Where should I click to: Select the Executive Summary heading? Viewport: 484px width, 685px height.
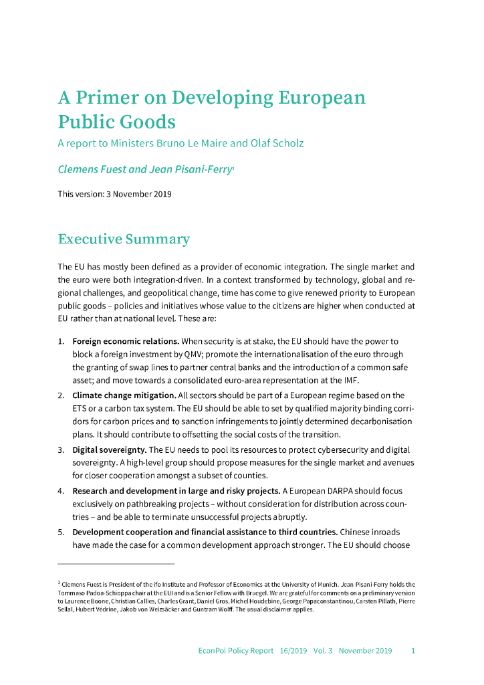[124, 239]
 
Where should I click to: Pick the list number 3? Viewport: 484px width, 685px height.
[61, 450]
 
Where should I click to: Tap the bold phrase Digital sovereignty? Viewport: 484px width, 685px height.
[110, 450]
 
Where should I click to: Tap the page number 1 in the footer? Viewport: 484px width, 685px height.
[413, 650]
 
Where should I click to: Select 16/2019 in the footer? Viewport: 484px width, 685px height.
[295, 650]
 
